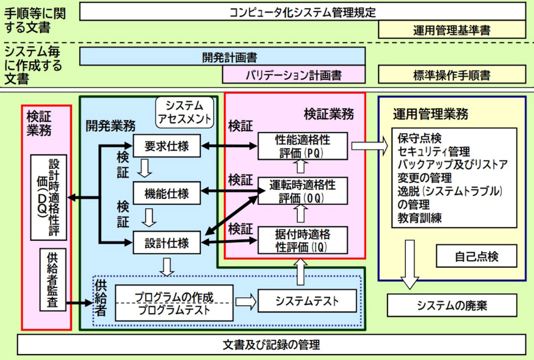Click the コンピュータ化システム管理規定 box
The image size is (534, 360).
[302, 12]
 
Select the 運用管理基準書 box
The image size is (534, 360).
[452, 29]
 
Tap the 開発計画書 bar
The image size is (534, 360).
[223, 57]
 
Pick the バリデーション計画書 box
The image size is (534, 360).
[294, 74]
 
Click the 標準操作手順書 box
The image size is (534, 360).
[452, 74]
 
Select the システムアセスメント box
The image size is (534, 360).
[184, 112]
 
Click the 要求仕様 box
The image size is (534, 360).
[167, 146]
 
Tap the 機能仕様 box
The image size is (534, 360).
[167, 194]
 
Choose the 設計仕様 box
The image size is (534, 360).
[167, 242]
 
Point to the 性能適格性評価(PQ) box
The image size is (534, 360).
[303, 146]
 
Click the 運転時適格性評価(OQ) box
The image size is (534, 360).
[303, 190]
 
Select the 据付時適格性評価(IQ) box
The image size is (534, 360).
[303, 239]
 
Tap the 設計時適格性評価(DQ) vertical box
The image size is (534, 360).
[48, 196]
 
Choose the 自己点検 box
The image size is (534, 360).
[476, 256]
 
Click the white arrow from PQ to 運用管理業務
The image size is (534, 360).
[370, 146]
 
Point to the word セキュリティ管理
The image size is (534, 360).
[433, 151]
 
